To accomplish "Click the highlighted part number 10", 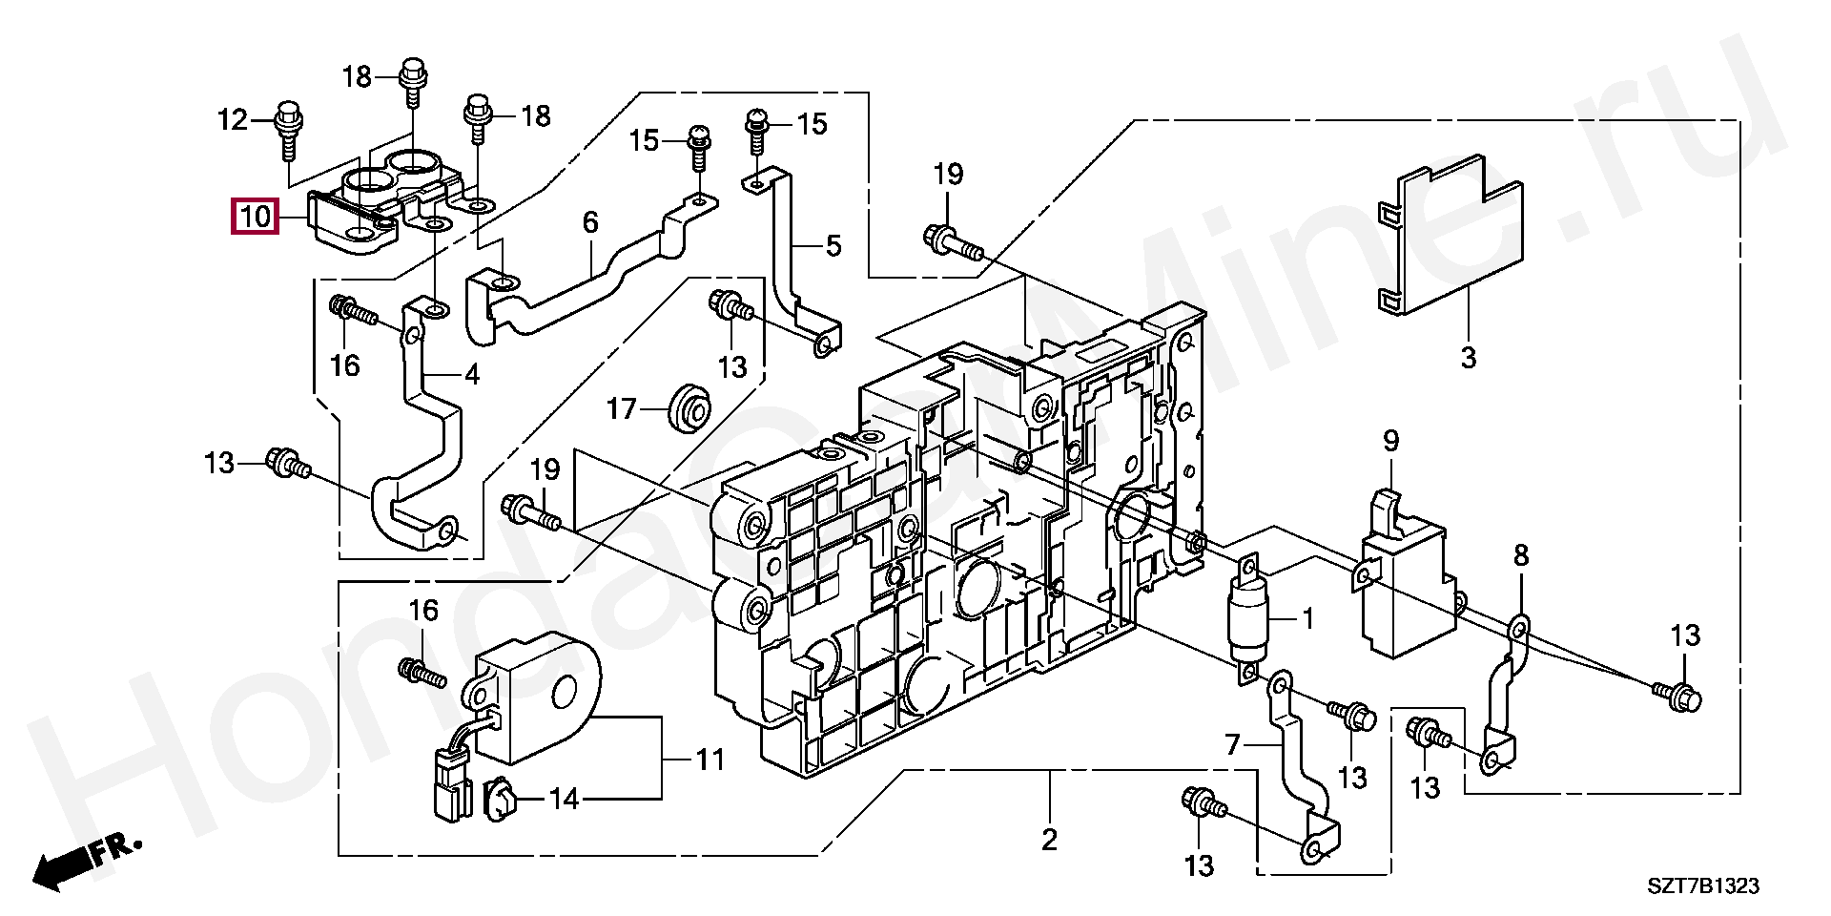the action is pos(256,218).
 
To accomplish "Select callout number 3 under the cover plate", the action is pos(1469,359).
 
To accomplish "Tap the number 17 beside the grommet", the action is pos(622,410).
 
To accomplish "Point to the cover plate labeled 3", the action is pos(1450,234).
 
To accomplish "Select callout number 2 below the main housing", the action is pos(1049,841).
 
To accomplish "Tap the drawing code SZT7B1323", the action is pos(1704,886).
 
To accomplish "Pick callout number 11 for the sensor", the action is pos(710,760).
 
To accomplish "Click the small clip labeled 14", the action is pos(500,800).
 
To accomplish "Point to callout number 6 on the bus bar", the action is pos(590,223).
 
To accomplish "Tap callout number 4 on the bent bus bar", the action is pos(471,374).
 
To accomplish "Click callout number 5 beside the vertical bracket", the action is pos(833,247).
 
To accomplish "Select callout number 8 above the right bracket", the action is pos(1521,555).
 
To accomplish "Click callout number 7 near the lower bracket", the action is pos(1232,745).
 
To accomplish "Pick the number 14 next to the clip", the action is pos(564,800).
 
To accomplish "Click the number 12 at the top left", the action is pos(233,120).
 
